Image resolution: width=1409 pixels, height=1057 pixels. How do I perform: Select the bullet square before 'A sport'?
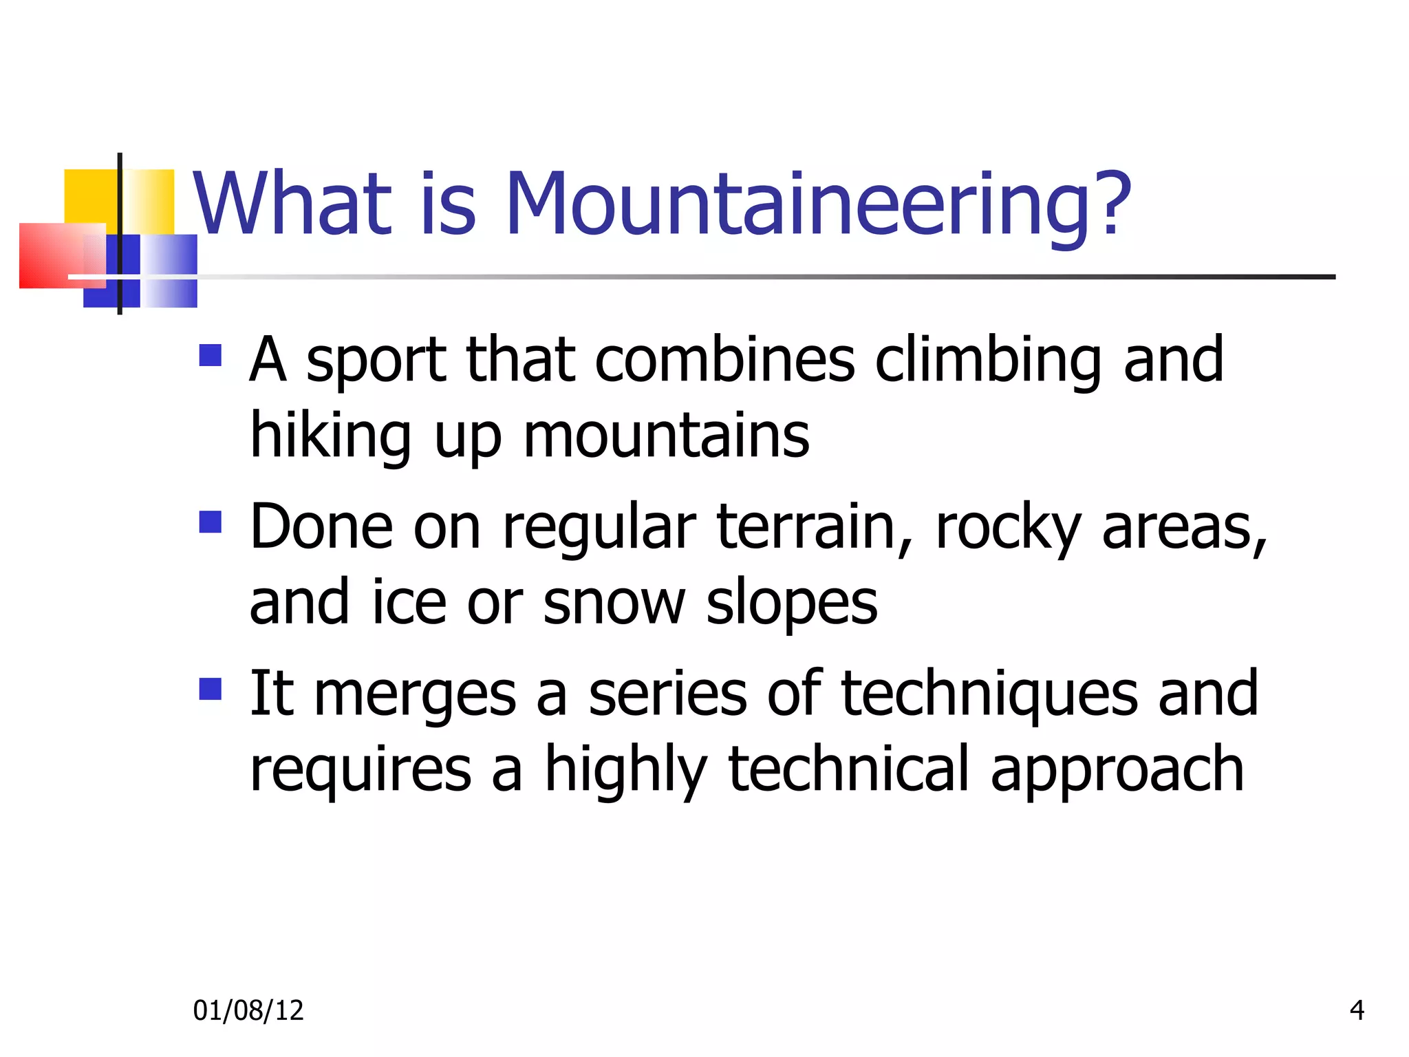point(210,356)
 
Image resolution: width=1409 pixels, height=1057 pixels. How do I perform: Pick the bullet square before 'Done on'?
point(210,522)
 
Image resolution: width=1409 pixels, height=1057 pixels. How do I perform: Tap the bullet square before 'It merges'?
point(210,689)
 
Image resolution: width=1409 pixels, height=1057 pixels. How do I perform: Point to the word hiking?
point(330,436)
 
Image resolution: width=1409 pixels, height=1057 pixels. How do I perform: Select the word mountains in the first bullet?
point(666,436)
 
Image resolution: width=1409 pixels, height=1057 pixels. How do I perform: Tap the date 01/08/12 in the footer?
point(248,1010)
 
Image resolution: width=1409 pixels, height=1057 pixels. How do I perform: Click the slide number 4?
point(1357,1010)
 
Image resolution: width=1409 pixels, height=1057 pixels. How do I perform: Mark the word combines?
point(724,361)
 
